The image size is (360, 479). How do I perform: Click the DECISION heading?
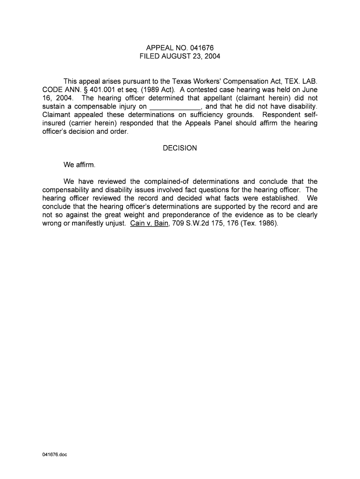180,148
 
